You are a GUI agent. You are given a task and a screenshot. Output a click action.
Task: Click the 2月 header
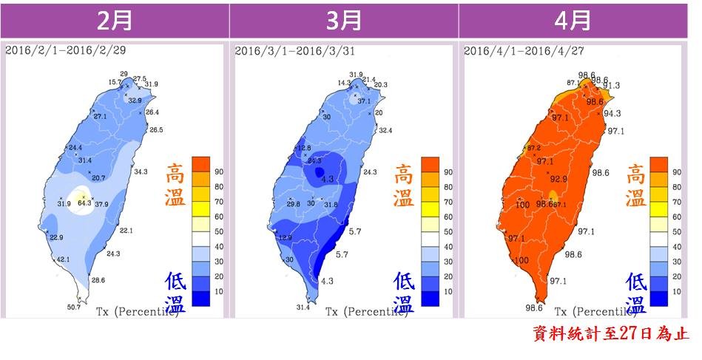click(115, 20)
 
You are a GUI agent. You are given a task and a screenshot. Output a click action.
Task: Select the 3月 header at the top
click(344, 20)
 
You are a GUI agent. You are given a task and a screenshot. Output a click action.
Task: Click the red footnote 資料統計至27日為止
click(610, 334)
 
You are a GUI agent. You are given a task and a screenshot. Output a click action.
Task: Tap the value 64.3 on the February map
click(84, 203)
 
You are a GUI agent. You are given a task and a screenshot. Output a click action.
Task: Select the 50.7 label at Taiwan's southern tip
click(74, 306)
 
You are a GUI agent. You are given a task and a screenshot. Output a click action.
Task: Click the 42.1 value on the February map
click(64, 259)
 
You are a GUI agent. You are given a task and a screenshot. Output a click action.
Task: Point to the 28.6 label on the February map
click(98, 280)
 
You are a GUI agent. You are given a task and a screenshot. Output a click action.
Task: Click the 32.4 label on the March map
click(385, 130)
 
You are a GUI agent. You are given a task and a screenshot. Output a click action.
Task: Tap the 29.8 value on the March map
click(293, 204)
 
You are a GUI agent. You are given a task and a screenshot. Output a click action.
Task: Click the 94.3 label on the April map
click(612, 113)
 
